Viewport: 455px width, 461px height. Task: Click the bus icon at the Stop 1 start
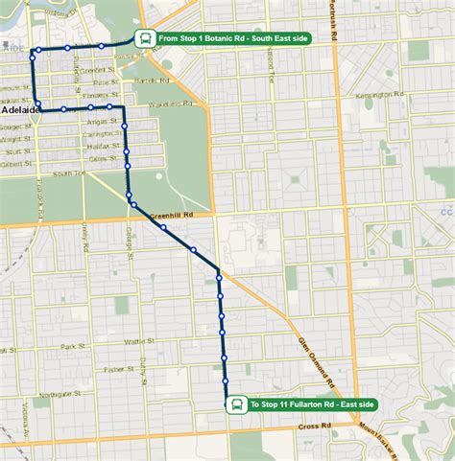click(x=143, y=39)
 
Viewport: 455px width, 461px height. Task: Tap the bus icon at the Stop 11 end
click(x=234, y=405)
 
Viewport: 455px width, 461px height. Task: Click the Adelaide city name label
click(x=20, y=110)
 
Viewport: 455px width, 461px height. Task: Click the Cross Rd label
click(x=313, y=426)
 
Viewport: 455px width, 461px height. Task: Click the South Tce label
click(x=69, y=173)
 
